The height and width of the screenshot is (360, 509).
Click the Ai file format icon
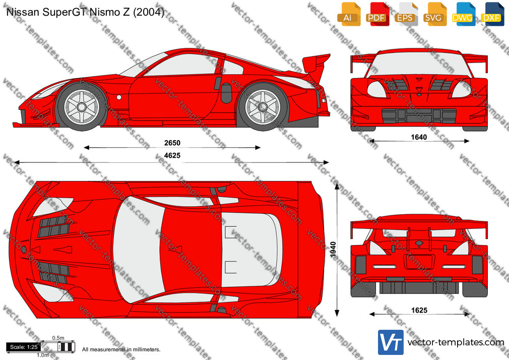[349, 14]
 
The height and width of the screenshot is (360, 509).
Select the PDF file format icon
[377, 14]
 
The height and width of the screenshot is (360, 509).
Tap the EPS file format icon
[406, 14]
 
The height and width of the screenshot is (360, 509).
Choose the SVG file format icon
[434, 14]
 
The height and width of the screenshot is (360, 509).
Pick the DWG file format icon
[463, 14]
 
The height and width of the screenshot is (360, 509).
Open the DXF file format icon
[492, 14]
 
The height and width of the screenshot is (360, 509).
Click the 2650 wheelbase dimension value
[172, 143]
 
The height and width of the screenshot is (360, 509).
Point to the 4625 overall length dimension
[172, 156]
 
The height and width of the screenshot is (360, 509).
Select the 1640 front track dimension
[419, 137]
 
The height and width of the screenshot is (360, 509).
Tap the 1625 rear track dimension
[419, 310]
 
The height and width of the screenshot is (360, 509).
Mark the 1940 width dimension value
[333, 250]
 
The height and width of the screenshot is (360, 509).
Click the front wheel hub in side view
[82, 107]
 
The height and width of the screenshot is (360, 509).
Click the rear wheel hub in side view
[262, 107]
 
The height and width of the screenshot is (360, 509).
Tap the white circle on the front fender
[119, 97]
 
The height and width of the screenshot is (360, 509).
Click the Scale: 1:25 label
[24, 347]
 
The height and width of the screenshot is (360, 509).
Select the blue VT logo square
[391, 342]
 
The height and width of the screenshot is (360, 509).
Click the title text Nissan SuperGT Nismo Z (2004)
[85, 12]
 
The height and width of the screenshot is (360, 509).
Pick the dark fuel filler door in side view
[227, 93]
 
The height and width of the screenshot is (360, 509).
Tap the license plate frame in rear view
[419, 262]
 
